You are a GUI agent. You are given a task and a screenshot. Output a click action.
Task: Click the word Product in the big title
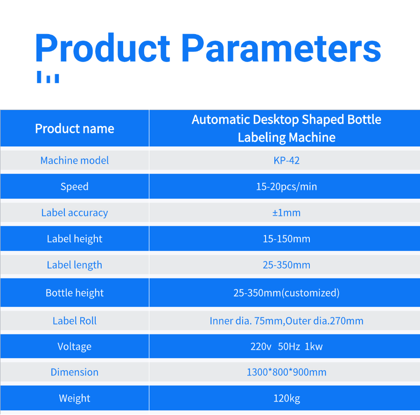103,48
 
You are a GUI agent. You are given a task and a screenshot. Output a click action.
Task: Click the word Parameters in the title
281,48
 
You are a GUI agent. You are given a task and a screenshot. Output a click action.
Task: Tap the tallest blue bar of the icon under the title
39,77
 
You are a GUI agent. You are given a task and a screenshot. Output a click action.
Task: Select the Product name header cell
75,129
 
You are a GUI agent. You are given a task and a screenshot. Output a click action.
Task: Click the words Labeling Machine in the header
287,138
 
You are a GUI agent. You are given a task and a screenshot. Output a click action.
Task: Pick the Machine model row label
75,160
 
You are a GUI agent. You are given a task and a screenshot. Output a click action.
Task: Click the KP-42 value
287,160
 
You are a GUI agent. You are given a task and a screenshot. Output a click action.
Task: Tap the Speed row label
75,187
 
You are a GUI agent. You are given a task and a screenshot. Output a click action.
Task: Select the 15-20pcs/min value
287,187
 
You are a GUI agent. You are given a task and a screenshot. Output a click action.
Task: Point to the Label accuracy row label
75,213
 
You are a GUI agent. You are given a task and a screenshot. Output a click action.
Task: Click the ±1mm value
287,213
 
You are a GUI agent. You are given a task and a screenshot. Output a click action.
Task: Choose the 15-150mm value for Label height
287,239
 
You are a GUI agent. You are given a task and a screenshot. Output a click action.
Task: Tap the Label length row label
75,265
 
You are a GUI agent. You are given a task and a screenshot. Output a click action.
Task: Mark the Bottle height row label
75,293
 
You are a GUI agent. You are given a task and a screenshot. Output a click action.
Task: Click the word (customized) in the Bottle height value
310,293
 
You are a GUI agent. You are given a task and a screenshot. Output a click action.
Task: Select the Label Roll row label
75,321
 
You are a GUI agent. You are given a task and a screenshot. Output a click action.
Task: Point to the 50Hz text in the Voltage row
289,347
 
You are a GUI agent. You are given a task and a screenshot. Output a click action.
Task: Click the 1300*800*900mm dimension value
287,372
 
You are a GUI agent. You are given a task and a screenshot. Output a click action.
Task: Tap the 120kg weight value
287,399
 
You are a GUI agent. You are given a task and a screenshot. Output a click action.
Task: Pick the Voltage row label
75,347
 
